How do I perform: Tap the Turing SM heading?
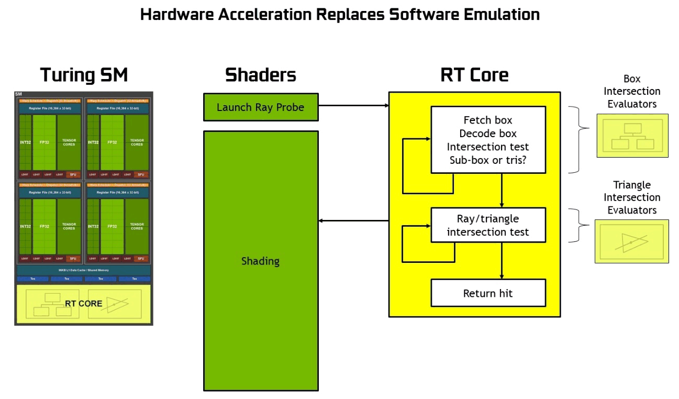click(84, 75)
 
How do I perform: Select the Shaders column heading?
click(260, 75)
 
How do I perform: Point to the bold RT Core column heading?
click(474, 75)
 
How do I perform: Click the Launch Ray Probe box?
click(260, 108)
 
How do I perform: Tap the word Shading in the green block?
click(260, 261)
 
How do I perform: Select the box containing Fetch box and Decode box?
click(488, 140)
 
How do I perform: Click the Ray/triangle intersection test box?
click(488, 225)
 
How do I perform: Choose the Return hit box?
click(488, 293)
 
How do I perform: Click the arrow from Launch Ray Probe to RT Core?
click(353, 105)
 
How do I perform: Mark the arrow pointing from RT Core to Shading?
click(353, 220)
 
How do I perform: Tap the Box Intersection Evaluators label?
click(631, 91)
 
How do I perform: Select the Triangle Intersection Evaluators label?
click(631, 197)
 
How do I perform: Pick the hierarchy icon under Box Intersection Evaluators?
click(631, 135)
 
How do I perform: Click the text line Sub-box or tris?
click(488, 160)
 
